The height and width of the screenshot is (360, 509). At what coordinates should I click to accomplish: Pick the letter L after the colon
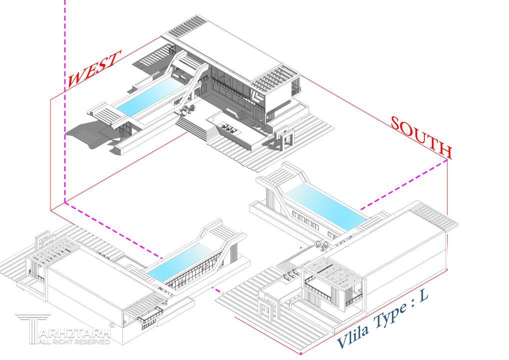pos(423,296)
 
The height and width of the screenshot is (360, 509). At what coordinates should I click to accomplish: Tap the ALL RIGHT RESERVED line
pos(74,341)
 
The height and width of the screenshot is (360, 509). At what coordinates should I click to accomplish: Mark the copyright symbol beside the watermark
pos(112,324)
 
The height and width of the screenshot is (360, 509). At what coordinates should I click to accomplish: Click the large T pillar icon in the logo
pos(32,328)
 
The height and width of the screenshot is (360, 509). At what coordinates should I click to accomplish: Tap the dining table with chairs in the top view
pos(229,127)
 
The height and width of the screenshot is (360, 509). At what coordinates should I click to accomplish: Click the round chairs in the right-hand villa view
pos(322,245)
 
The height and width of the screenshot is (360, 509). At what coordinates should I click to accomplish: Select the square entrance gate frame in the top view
pos(283,140)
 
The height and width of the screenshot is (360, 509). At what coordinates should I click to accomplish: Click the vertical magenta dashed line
pos(65,100)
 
